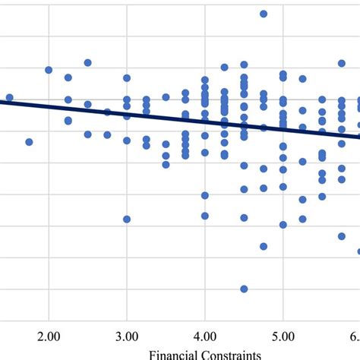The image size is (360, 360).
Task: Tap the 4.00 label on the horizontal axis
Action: click(205, 336)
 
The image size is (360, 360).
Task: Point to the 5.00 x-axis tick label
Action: click(283, 336)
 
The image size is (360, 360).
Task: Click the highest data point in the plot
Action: click(264, 14)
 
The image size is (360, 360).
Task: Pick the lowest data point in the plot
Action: click(244, 289)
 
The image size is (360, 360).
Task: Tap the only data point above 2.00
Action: click(49, 70)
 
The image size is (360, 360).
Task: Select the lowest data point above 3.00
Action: click(127, 219)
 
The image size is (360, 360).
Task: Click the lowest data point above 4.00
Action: click(205, 216)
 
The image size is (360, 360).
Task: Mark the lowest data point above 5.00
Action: click(283, 224)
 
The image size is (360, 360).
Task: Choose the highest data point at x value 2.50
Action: click(88, 63)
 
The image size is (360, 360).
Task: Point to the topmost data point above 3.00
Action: click(127, 78)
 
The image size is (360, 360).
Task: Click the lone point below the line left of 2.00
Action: click(29, 142)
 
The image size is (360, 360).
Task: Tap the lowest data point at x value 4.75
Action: click(264, 246)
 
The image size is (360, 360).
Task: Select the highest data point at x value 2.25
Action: click(68, 77)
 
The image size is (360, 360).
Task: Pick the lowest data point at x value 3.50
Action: click(166, 164)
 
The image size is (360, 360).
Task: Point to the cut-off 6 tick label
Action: click(355, 336)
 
